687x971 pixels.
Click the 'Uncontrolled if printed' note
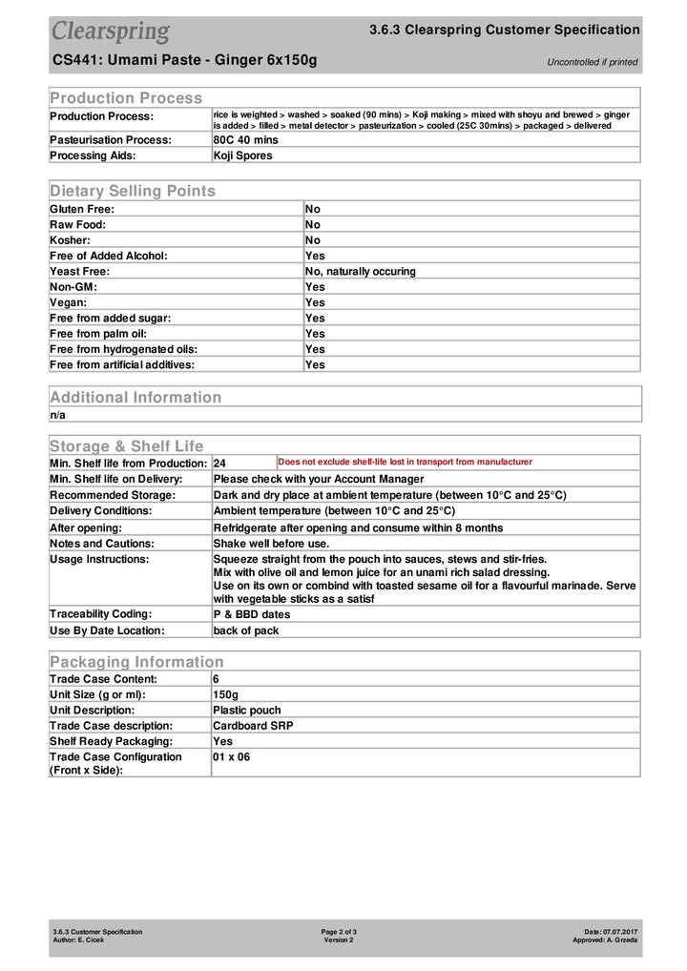click(592, 62)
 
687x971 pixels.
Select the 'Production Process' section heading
click(126, 97)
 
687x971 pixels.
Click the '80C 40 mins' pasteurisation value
click(245, 139)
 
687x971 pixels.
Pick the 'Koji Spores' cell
click(242, 155)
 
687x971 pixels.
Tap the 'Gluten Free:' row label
click(82, 209)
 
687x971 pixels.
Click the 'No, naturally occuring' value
click(361, 271)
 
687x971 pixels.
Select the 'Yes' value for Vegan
click(315, 302)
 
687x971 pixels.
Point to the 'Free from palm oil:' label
click(98, 333)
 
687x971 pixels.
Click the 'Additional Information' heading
click(135, 397)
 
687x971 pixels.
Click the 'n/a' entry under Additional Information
click(58, 415)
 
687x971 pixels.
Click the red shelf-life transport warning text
click(405, 462)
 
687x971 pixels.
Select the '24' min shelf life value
click(219, 463)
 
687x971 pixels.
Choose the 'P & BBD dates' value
click(252, 614)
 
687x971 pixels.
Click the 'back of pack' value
click(246, 630)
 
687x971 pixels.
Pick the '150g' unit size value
click(225, 694)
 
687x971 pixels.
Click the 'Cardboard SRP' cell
click(253, 726)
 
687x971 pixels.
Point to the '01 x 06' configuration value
click(231, 757)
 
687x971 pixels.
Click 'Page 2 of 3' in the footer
click(339, 931)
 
